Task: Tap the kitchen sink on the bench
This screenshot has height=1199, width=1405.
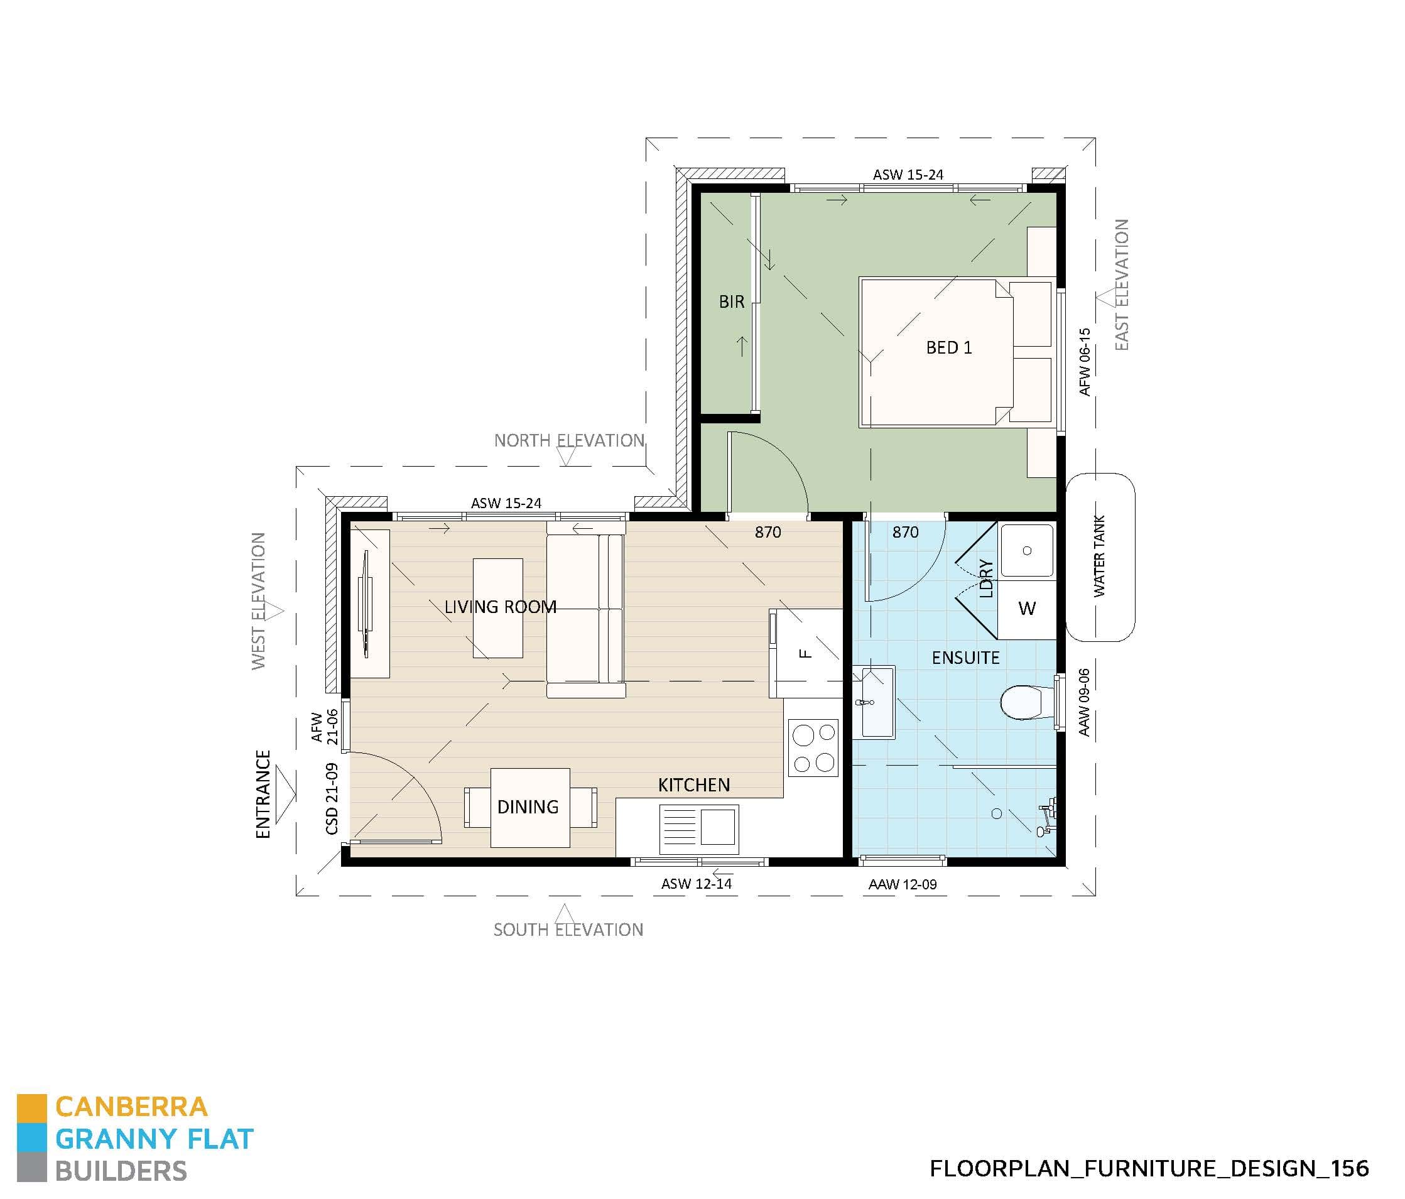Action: point(698,828)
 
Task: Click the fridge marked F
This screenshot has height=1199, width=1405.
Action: point(806,654)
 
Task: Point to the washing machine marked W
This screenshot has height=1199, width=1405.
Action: point(1027,609)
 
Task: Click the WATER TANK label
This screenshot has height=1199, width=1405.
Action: point(1099,556)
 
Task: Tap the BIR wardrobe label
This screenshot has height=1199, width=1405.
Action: point(731,301)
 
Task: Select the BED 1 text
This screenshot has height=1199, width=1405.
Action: point(948,348)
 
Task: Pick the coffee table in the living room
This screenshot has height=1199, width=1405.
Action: point(497,607)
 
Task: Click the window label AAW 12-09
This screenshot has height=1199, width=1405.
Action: point(902,884)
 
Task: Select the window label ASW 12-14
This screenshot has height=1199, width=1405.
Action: point(697,884)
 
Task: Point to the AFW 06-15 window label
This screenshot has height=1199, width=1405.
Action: point(1084,362)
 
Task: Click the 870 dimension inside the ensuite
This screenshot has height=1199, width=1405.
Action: point(905,533)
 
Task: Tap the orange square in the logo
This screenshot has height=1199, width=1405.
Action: point(31,1107)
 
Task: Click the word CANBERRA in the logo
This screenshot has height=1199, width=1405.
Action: point(131,1107)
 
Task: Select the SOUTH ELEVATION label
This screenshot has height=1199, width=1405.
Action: point(568,930)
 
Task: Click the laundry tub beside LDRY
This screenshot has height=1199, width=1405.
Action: point(1027,551)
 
